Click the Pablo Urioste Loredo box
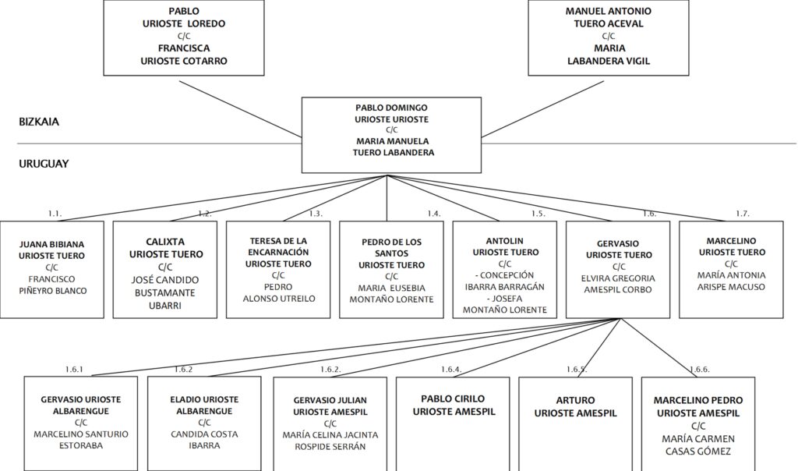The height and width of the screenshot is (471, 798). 184,37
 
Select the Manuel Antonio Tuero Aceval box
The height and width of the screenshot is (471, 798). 608,37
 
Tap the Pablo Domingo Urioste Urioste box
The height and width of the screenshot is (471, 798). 391,135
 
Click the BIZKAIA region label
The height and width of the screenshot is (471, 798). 39,122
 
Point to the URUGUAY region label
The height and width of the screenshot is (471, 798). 44,164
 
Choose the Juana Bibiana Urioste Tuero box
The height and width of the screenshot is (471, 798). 52,269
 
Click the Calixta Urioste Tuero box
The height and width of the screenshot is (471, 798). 165,269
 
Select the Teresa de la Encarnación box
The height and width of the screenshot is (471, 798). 278,269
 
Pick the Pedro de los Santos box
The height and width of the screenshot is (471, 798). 391,269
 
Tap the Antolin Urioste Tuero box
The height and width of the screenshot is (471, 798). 505,269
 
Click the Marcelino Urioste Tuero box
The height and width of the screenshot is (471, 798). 731,269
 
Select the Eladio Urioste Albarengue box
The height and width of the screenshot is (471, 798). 204,423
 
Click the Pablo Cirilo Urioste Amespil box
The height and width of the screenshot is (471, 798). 453,423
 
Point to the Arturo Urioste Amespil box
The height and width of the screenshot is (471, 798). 575,423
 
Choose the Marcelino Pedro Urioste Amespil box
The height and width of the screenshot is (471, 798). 698,423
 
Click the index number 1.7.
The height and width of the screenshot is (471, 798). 743,214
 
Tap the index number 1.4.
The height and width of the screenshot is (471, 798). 434,214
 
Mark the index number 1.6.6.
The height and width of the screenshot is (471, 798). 700,370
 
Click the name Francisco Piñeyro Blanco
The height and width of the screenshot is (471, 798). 52,285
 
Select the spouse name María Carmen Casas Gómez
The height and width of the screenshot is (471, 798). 698,445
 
